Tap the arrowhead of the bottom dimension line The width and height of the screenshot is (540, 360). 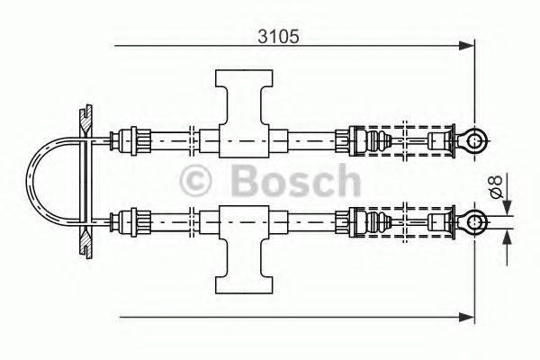point(466,316)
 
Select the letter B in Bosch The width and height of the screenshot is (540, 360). point(243,180)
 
